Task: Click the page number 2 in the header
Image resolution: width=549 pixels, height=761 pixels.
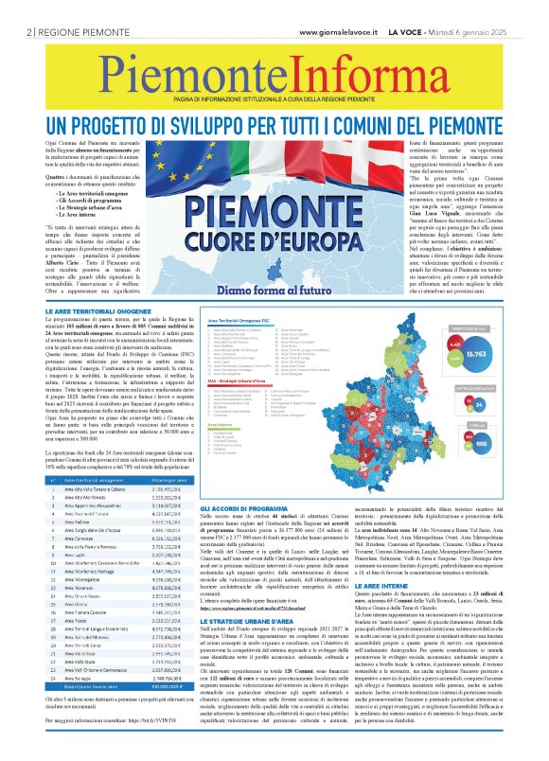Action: click(30, 31)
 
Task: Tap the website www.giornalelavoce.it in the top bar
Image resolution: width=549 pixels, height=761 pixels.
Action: click(339, 31)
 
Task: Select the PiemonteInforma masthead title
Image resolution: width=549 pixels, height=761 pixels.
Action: click(274, 75)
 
